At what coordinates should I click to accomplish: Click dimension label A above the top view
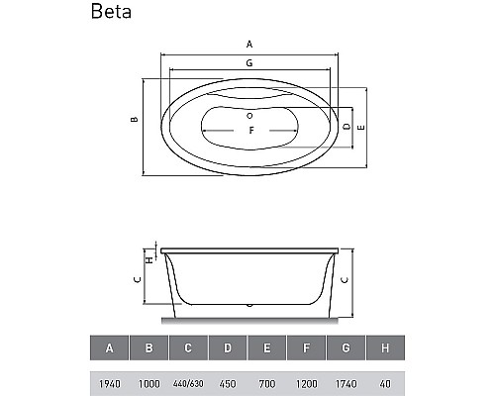point(250,45)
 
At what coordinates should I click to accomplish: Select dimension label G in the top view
point(250,63)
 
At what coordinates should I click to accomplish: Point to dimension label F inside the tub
point(251,131)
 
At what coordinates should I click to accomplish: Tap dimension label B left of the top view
point(132,120)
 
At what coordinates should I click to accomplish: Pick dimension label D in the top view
point(346,128)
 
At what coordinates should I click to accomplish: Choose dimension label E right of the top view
point(362,128)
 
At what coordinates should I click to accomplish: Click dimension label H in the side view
point(148,259)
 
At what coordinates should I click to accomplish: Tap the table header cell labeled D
point(228,348)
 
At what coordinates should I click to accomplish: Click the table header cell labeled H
point(385,348)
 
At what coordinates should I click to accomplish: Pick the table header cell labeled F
point(307,348)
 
